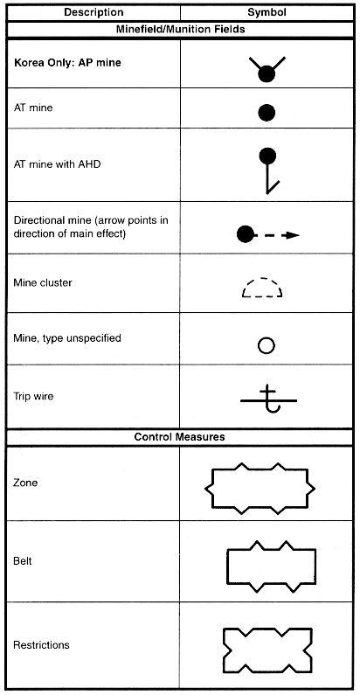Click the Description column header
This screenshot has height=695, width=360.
coord(93,12)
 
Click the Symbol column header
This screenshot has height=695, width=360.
coord(267,12)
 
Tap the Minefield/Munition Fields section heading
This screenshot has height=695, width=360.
coord(180,30)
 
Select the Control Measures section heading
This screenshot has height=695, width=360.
coord(179,437)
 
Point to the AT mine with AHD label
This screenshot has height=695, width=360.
coord(57,164)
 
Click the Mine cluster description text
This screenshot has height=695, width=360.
coord(43,282)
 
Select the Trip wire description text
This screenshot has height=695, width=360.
coord(33,396)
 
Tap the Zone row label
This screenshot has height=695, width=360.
coord(25,483)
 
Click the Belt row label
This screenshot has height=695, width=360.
coord(23,561)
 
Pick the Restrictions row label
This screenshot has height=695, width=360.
coord(41,645)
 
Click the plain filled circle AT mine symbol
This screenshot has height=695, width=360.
coord(267,113)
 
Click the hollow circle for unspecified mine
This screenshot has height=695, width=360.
coord(267,345)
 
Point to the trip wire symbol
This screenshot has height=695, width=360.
coord(268,400)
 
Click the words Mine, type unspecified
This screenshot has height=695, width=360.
coord(67,338)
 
